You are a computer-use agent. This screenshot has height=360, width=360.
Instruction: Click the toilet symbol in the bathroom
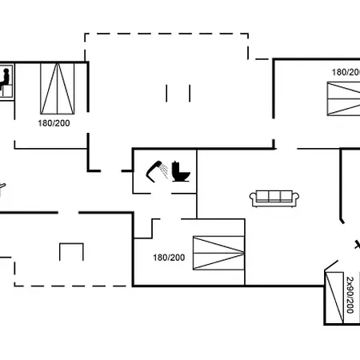click(x=181, y=171)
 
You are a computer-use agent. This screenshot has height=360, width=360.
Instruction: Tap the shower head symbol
click(x=153, y=170)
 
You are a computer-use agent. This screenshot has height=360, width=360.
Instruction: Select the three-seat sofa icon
click(x=274, y=198)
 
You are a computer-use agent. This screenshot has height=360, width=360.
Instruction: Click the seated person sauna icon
click(x=5, y=79)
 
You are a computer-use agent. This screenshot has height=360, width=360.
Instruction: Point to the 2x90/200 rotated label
click(x=350, y=295)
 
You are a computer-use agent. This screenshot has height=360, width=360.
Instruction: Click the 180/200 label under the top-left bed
click(x=54, y=123)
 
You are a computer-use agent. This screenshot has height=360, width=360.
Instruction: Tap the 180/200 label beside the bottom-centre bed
click(x=169, y=258)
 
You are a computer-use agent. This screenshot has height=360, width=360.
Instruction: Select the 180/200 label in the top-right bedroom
click(x=346, y=72)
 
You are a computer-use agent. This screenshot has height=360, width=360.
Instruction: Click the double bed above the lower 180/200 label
click(x=218, y=253)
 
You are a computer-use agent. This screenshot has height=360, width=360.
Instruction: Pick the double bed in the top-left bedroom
click(x=58, y=89)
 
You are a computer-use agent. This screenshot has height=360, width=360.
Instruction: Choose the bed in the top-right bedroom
click(x=344, y=98)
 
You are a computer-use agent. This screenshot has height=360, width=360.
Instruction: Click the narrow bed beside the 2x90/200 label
click(x=334, y=298)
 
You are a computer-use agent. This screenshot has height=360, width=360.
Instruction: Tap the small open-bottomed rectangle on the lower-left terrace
click(x=71, y=244)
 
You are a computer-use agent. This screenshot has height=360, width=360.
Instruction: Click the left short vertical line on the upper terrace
click(x=166, y=93)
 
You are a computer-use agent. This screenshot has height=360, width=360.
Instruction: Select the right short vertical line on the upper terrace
click(x=190, y=93)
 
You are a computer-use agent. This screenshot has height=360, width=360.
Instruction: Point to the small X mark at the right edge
click(x=358, y=245)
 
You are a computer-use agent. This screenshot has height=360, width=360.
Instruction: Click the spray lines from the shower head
click(x=164, y=170)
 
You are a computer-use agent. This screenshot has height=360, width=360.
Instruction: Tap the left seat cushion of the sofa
click(x=262, y=196)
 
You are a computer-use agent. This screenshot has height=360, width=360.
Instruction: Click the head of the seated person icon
click(x=6, y=71)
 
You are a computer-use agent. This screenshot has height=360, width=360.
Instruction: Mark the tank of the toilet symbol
click(x=175, y=167)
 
